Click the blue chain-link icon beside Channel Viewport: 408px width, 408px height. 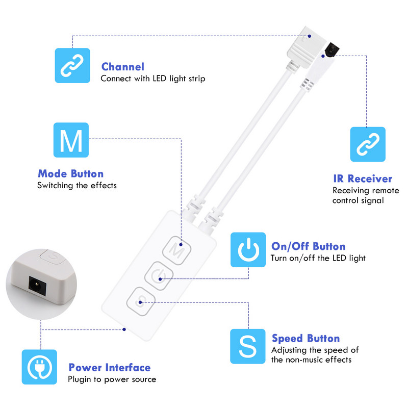(72, 65)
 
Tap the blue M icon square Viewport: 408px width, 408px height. (71, 140)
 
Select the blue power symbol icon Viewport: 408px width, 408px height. (248, 249)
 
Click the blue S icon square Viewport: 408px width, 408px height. (248, 346)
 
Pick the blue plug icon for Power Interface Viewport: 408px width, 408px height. (39, 367)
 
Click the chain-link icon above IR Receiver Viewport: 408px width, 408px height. (368, 144)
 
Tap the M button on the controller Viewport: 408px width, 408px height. (176, 250)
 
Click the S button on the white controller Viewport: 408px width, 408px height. (140, 303)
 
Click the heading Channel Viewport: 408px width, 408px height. (122, 67)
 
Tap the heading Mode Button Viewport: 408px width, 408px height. (70, 174)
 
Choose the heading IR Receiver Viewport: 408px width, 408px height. (362, 178)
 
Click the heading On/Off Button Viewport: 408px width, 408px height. (308, 246)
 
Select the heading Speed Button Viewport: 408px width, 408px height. (305, 338)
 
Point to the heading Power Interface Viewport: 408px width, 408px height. (110, 367)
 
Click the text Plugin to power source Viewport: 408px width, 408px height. (112, 379)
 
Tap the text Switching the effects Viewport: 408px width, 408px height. (76, 186)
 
